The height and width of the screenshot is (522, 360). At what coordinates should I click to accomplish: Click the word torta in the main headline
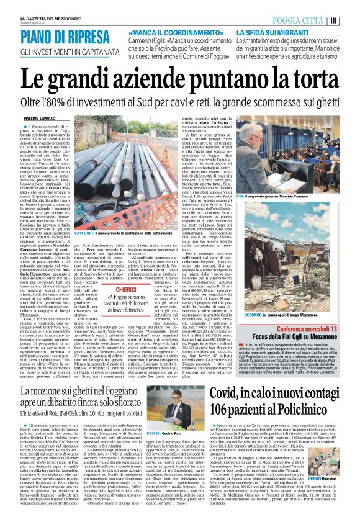308,81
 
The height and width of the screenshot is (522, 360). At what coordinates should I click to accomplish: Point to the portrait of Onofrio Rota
171,401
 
